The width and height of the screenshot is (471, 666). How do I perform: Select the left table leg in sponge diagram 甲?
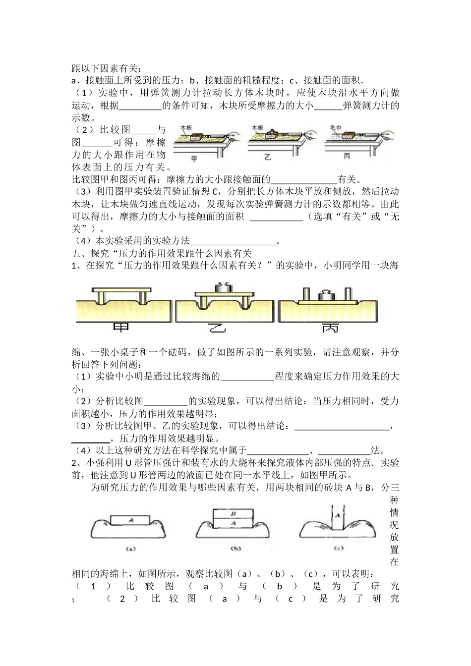coord(101,297)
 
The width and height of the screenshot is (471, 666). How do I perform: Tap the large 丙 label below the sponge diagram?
coord(331,329)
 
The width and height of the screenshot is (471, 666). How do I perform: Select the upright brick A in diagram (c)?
coord(338,516)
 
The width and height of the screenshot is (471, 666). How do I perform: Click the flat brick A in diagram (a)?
coord(131,520)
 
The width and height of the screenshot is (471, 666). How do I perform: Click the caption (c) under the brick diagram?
coord(339,548)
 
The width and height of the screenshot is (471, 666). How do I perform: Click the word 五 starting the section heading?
coord(76,253)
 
